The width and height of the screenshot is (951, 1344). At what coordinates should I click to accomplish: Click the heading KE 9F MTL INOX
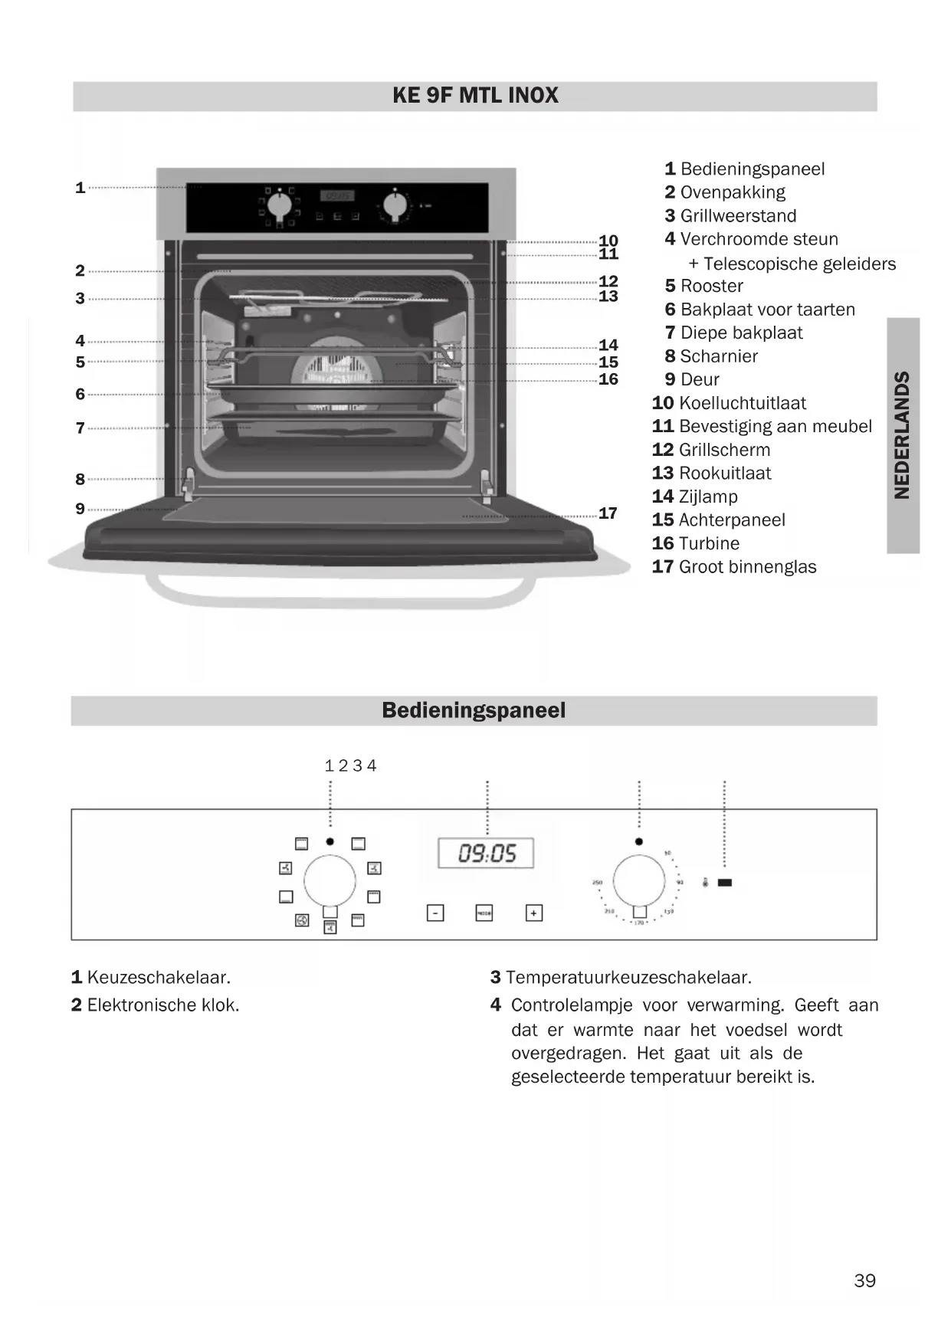[475, 96]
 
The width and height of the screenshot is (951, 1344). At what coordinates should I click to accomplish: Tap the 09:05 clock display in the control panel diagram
[486, 853]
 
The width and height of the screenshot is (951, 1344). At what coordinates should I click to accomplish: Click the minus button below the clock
[435, 913]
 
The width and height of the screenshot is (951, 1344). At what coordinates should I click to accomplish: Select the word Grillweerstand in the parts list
[738, 216]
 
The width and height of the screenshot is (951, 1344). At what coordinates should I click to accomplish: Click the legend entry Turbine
[709, 544]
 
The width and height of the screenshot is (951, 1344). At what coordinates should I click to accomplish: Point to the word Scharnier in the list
[719, 356]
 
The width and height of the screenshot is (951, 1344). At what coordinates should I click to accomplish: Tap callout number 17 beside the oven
[608, 513]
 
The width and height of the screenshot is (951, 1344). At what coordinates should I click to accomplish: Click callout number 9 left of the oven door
[80, 509]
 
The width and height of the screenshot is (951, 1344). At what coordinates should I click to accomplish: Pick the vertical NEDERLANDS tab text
[903, 435]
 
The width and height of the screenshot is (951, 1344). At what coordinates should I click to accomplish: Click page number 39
[864, 1280]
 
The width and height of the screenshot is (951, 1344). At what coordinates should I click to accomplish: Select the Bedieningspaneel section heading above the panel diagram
[474, 710]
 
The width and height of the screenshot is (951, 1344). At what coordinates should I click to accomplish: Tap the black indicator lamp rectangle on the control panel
[724, 883]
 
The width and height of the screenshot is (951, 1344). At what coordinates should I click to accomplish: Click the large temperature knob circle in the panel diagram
[639, 880]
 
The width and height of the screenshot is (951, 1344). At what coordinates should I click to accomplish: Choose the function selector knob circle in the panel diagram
[330, 881]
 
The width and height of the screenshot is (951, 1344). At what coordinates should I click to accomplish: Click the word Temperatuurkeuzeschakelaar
[628, 978]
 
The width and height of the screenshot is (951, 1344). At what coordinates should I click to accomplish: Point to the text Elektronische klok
[162, 1005]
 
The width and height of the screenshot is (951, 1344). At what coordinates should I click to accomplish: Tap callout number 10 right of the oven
[608, 241]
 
